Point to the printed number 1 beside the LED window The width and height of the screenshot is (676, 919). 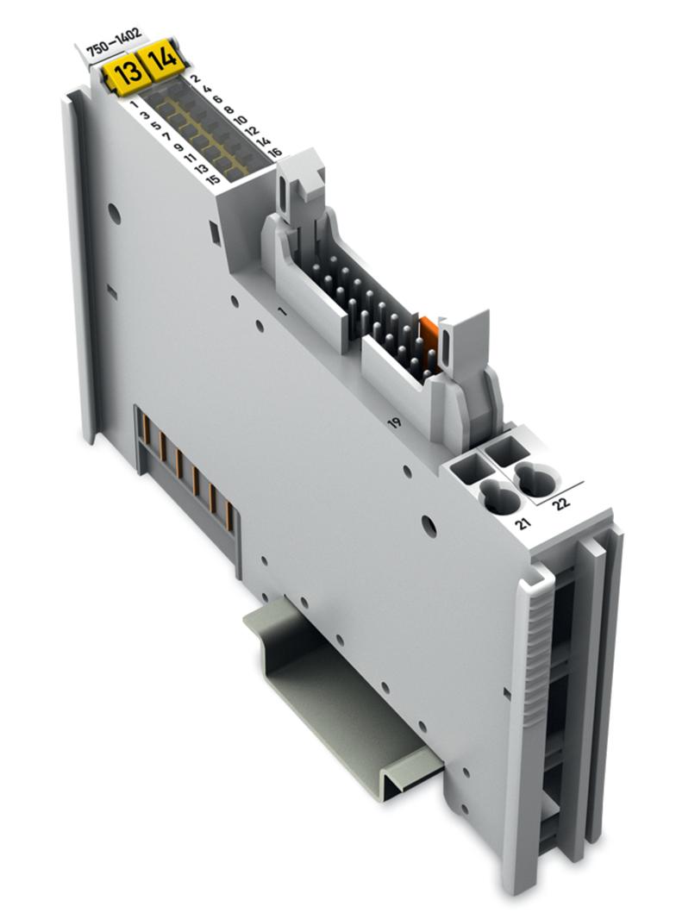point(136,103)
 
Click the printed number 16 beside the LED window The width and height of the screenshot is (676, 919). point(274,152)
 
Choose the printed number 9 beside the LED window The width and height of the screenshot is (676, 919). point(178,146)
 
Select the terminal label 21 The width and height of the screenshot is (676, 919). point(521,524)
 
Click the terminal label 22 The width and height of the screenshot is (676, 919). point(562,503)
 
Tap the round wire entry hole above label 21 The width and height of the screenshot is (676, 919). point(498,496)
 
